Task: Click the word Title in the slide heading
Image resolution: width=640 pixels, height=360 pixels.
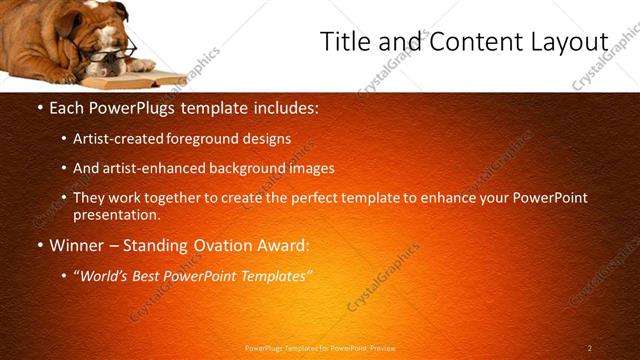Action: tap(344, 42)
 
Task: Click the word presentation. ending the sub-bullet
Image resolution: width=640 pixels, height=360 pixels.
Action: tap(116, 214)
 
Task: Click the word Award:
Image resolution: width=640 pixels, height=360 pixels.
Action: tap(286, 245)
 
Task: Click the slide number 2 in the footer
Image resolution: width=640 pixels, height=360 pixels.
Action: tap(589, 348)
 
